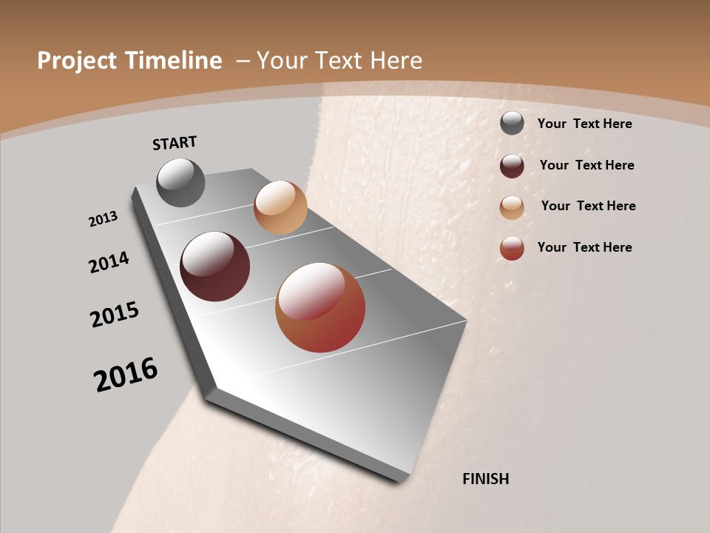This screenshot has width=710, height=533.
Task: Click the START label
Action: click(x=175, y=143)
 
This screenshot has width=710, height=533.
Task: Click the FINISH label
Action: click(x=485, y=479)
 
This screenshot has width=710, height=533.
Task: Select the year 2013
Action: click(x=104, y=219)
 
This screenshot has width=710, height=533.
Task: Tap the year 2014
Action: click(x=109, y=262)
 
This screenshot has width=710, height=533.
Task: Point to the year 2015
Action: click(x=115, y=314)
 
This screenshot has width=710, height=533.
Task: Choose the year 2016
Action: click(x=126, y=374)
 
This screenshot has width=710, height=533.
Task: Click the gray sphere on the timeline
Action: click(x=180, y=182)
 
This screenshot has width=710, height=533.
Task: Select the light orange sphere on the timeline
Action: click(x=280, y=207)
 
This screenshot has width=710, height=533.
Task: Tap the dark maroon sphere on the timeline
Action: click(x=214, y=266)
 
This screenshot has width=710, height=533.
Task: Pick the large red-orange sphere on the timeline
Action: click(x=320, y=307)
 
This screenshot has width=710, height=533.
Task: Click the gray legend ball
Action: click(x=512, y=124)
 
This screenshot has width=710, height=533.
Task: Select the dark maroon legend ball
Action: click(x=512, y=166)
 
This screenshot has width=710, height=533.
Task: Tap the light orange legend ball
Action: click(x=512, y=207)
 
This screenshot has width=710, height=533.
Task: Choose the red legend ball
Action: click(x=512, y=248)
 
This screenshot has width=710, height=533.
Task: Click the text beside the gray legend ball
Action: click(x=584, y=124)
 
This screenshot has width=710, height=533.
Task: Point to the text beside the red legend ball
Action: click(x=584, y=247)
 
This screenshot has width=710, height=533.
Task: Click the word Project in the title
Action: click(x=77, y=61)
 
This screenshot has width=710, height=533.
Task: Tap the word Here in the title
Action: click(x=396, y=61)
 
